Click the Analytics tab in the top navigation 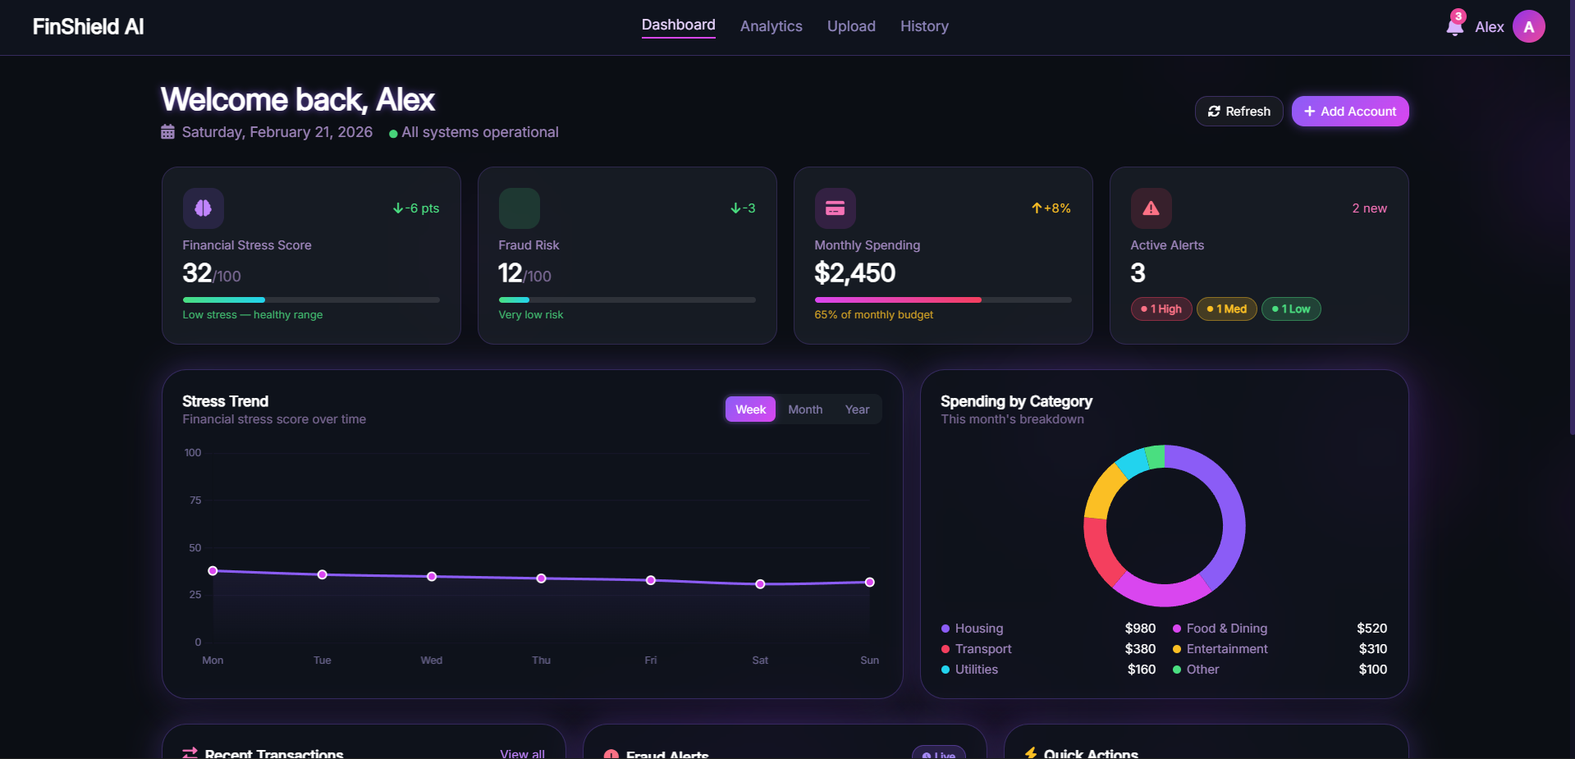coord(771,26)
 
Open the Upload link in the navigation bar coord(851,26)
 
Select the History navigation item coord(924,26)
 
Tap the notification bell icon coord(1454,26)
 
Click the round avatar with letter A coord(1528,26)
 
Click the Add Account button coord(1349,112)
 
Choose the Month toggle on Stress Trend coord(804,409)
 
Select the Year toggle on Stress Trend coord(857,409)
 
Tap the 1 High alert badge coord(1161,309)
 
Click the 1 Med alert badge coord(1226,309)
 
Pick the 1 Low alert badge coord(1290,309)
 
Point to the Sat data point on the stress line coord(760,584)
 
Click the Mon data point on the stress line coord(213,571)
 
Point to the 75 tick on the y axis coord(195,501)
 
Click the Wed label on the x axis coord(431,661)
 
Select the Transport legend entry coord(982,649)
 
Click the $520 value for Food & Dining coord(1371,629)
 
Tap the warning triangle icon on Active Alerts coord(1151,208)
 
